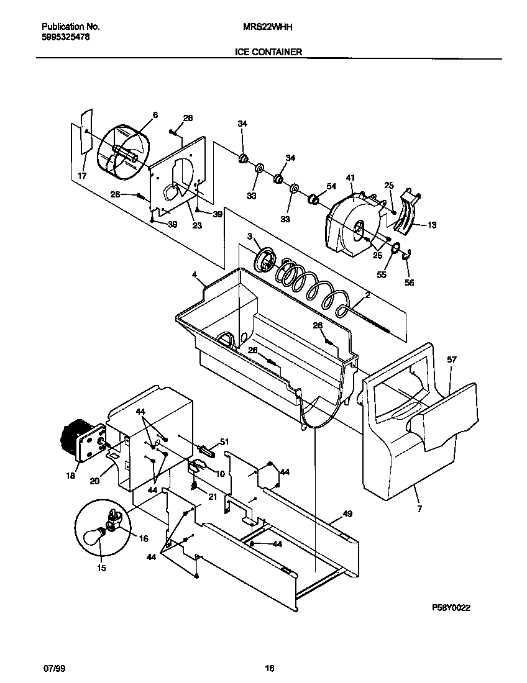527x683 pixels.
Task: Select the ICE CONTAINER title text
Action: click(x=268, y=52)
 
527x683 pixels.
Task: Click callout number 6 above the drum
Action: click(x=155, y=115)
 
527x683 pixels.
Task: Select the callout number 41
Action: click(x=351, y=178)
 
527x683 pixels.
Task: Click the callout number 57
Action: click(x=451, y=360)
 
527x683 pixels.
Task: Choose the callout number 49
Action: click(x=347, y=514)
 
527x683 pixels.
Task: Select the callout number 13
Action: click(x=431, y=225)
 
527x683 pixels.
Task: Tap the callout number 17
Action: click(x=82, y=176)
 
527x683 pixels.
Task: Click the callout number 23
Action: click(x=197, y=226)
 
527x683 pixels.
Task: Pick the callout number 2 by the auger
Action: click(x=367, y=296)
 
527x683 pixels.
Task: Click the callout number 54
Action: click(x=331, y=186)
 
